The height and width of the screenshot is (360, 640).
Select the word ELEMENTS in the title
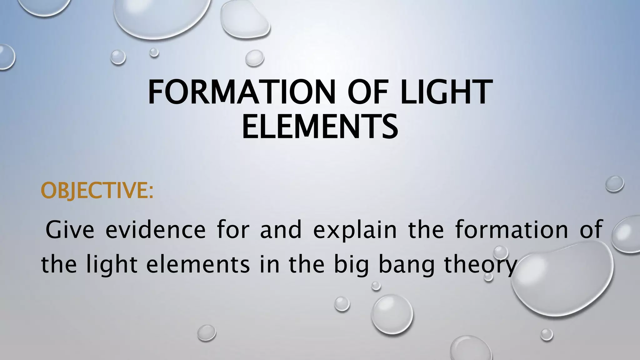pos(320,127)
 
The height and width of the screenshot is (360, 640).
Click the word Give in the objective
pos(70,230)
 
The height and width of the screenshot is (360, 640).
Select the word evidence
pos(156,230)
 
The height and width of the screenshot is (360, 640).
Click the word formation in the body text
pos(512,230)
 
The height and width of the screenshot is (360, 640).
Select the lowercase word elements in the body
pos(198,264)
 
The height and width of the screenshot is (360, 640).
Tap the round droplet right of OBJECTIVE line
pos(614,184)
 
